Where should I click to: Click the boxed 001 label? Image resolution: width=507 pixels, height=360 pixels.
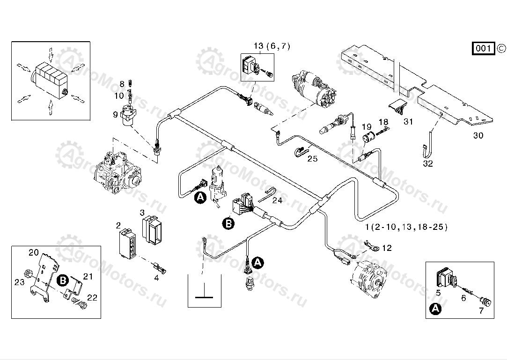point(484,48)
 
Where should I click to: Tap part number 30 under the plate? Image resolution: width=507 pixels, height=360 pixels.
point(478,136)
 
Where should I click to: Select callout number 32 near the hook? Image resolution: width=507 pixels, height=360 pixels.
point(428,164)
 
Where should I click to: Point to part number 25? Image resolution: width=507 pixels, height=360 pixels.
point(312,159)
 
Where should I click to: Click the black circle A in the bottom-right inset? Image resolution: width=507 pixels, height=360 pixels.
point(435,309)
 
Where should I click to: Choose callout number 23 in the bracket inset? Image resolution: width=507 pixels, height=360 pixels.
point(19,282)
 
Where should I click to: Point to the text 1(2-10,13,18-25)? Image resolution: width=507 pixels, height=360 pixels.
point(406,227)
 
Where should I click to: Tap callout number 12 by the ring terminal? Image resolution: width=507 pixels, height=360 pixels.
point(387,248)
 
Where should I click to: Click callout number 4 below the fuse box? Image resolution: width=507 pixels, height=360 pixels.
point(156,278)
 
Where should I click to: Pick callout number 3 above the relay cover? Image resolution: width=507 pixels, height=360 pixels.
point(142,213)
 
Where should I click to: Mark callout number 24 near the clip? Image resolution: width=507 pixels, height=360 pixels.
point(277,200)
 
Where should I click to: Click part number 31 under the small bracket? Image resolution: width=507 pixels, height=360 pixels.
point(409,122)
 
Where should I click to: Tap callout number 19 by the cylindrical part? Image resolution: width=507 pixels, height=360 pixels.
point(366,127)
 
